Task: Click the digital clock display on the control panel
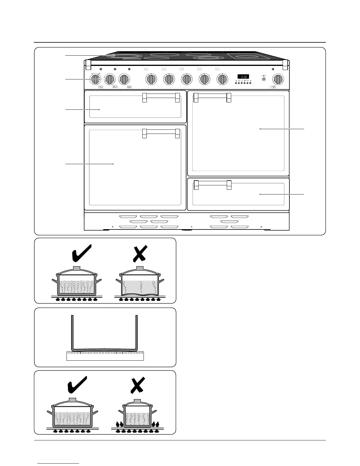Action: [x=243, y=76]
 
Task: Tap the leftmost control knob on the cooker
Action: [x=95, y=79]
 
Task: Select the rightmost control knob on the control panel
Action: [x=278, y=79]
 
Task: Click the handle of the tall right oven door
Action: [x=212, y=96]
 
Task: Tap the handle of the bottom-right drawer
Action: [x=212, y=183]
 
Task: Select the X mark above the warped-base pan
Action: [x=139, y=253]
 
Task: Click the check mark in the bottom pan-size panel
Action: [x=77, y=384]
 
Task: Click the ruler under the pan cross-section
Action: [x=105, y=356]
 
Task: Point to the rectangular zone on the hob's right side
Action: [x=243, y=56]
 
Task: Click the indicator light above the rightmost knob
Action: [x=273, y=69]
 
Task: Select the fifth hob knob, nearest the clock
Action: [x=222, y=79]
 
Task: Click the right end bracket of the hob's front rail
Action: [x=285, y=65]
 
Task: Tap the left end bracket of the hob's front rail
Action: [x=88, y=65]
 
